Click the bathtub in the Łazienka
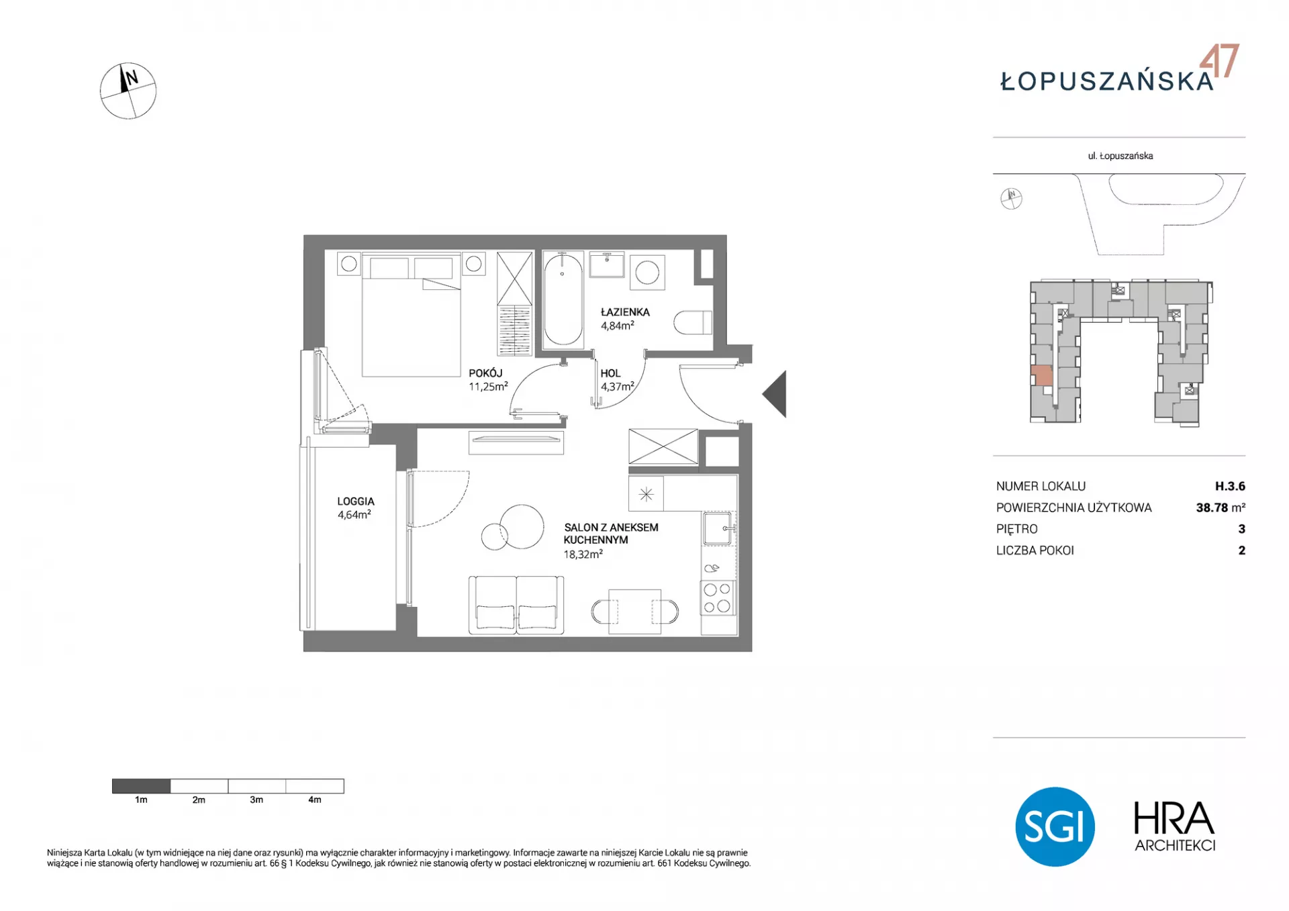point(563,300)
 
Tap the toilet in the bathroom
point(692,322)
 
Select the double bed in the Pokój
point(411,314)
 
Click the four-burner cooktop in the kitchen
point(717,598)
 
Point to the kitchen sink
point(718,528)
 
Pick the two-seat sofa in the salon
point(516,605)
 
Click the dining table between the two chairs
point(634,612)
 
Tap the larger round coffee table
point(522,526)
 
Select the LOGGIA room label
point(356,501)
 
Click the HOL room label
point(610,373)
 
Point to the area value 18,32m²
point(583,555)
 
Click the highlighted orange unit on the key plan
point(1041,375)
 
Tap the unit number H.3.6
point(1230,486)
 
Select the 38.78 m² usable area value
point(1221,508)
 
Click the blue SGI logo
point(1055,826)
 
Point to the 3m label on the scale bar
point(256,800)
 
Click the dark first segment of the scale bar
point(141,786)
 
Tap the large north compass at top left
point(128,91)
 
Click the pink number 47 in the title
point(1219,61)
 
